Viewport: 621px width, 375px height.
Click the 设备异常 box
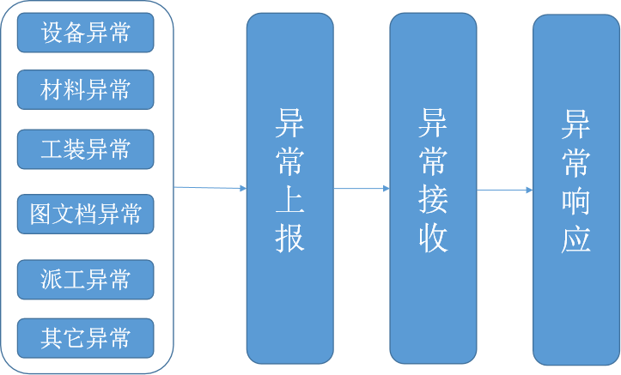[x=86, y=33]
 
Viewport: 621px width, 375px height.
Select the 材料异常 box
[x=86, y=89]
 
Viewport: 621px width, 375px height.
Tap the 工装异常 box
[x=86, y=149]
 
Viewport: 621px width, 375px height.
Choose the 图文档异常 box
[x=86, y=214]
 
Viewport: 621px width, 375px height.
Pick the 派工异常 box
[x=86, y=279]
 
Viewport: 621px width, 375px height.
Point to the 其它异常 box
[x=86, y=338]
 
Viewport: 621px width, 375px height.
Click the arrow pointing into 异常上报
[x=210, y=187]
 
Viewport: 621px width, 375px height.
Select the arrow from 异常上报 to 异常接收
[x=361, y=188]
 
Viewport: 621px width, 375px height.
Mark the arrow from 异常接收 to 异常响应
[x=505, y=190]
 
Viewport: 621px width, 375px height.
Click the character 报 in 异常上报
[x=289, y=238]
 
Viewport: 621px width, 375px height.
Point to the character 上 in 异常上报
[x=289, y=200]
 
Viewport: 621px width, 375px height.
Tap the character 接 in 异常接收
[x=434, y=200]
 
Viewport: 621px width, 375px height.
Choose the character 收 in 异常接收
[x=434, y=238]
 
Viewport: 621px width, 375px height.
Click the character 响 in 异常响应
[x=576, y=200]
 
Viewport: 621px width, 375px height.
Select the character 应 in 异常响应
[x=576, y=238]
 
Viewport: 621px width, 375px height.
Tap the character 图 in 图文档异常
[x=40, y=214]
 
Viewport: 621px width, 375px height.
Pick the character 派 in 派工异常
[x=51, y=279]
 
